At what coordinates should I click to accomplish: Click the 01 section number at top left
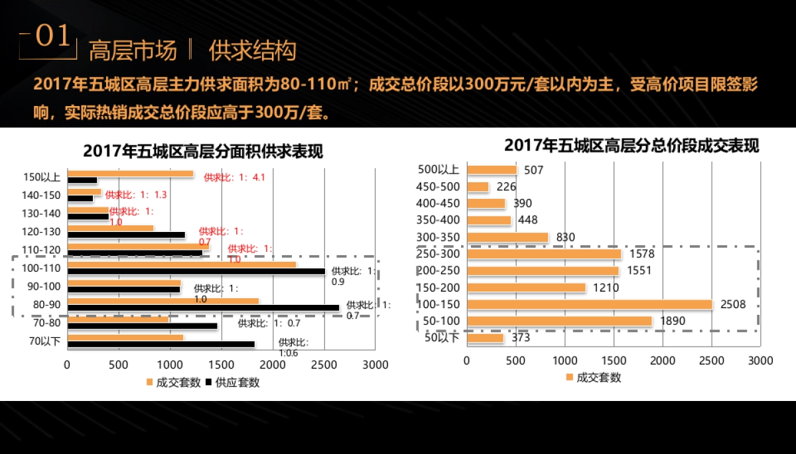click(52, 37)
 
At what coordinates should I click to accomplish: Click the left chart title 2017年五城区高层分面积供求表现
click(203, 151)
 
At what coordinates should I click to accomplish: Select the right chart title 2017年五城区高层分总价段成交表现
click(631, 145)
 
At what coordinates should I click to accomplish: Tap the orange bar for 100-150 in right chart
click(589, 304)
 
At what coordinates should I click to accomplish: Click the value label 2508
click(733, 304)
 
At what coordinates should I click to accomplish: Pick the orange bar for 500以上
click(492, 170)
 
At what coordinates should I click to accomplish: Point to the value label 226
click(506, 187)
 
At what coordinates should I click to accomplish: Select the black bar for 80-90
click(203, 308)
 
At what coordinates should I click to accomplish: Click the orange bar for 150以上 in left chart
click(130, 174)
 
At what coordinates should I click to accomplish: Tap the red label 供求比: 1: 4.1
click(234, 177)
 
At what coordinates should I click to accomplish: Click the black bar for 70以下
click(161, 344)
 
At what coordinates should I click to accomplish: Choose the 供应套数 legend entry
click(233, 382)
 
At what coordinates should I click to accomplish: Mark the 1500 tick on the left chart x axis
click(221, 365)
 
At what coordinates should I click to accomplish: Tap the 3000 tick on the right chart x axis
click(760, 361)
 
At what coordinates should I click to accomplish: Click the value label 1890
click(671, 321)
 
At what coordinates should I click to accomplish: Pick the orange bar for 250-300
click(544, 254)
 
